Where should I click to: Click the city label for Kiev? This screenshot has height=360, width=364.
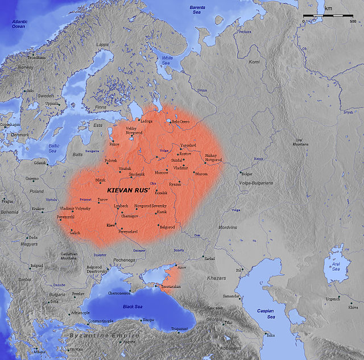click(111, 226)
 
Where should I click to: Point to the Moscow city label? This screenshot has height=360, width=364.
click(162, 172)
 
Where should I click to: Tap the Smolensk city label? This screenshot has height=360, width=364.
click(143, 175)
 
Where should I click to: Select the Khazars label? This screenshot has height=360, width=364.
click(216, 278)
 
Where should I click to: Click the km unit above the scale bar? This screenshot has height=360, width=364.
click(328, 9)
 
